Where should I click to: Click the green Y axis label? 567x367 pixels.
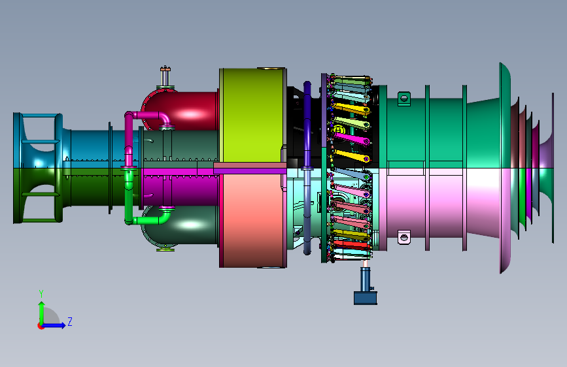(41, 294)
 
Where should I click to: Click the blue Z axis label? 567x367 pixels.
(70, 321)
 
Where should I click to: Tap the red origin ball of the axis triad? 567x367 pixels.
(41, 326)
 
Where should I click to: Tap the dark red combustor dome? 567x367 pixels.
(180, 110)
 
